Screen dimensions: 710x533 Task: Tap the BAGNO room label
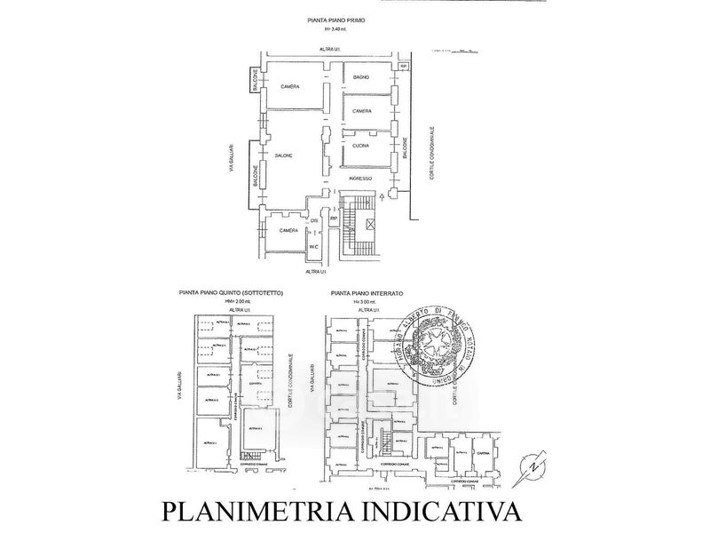pos(360,78)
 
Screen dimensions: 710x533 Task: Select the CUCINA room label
pos(360,145)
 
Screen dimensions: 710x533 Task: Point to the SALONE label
pos(282,155)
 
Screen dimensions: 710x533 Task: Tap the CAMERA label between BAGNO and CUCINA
pos(361,111)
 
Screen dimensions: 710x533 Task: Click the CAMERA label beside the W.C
pos(288,231)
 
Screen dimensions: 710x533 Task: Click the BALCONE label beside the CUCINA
pos(405,147)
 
